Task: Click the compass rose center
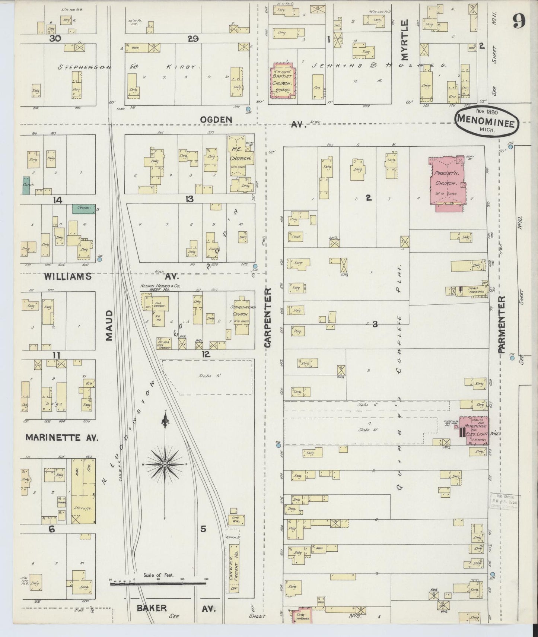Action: (165, 464)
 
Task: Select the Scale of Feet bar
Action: (158, 584)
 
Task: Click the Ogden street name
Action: (216, 120)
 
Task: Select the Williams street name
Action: (67, 276)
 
